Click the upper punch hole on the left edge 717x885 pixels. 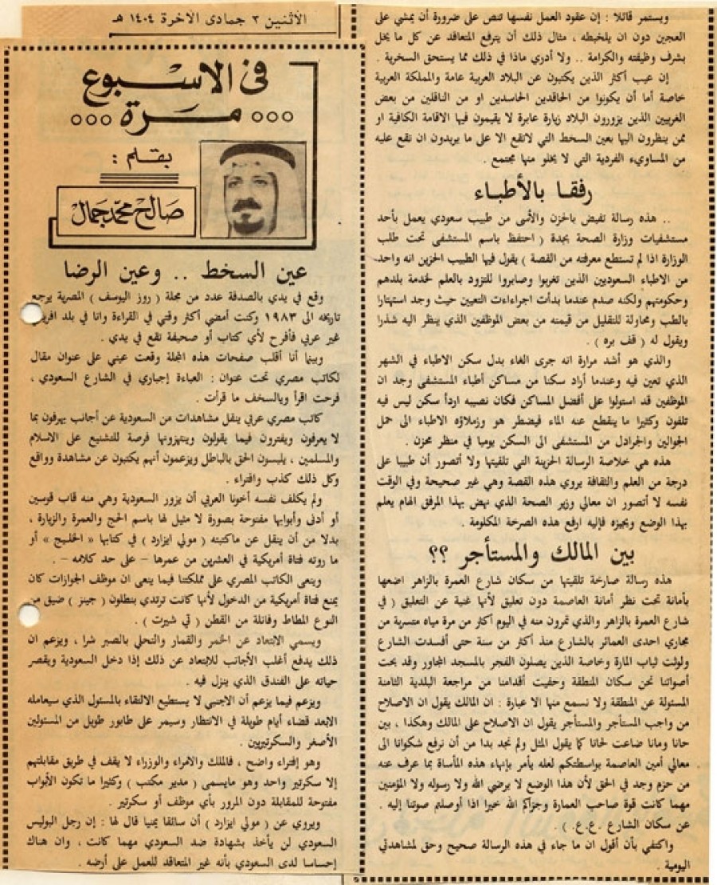[29, 315]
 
